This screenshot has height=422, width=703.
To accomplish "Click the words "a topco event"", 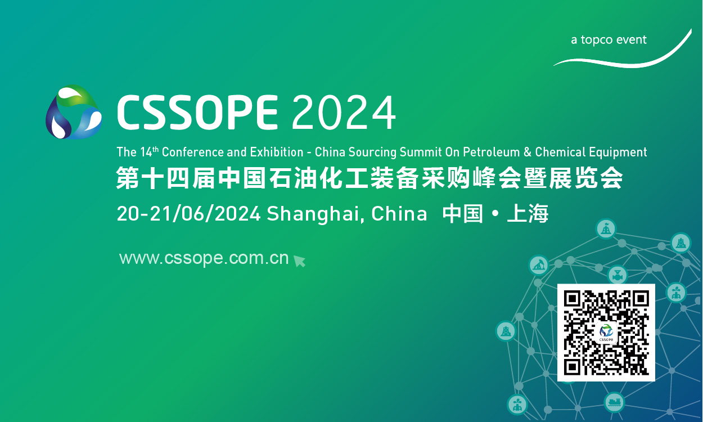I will (x=609, y=40).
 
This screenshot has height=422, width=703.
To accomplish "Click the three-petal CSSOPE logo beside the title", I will (x=74, y=113).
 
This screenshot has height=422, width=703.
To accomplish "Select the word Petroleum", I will (x=494, y=152).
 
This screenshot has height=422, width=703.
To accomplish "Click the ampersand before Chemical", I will (x=527, y=152).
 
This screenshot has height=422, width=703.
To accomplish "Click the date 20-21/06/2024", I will (x=188, y=214).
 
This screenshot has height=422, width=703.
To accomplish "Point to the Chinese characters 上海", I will (x=528, y=214).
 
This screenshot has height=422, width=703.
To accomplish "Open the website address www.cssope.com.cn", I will (x=204, y=258).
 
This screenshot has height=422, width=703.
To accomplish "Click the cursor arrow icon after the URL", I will (x=299, y=261).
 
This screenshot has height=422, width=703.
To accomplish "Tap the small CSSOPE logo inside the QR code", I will (x=606, y=332).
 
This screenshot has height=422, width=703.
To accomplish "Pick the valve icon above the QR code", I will (x=618, y=275).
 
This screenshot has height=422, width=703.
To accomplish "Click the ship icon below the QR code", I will (x=614, y=402).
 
